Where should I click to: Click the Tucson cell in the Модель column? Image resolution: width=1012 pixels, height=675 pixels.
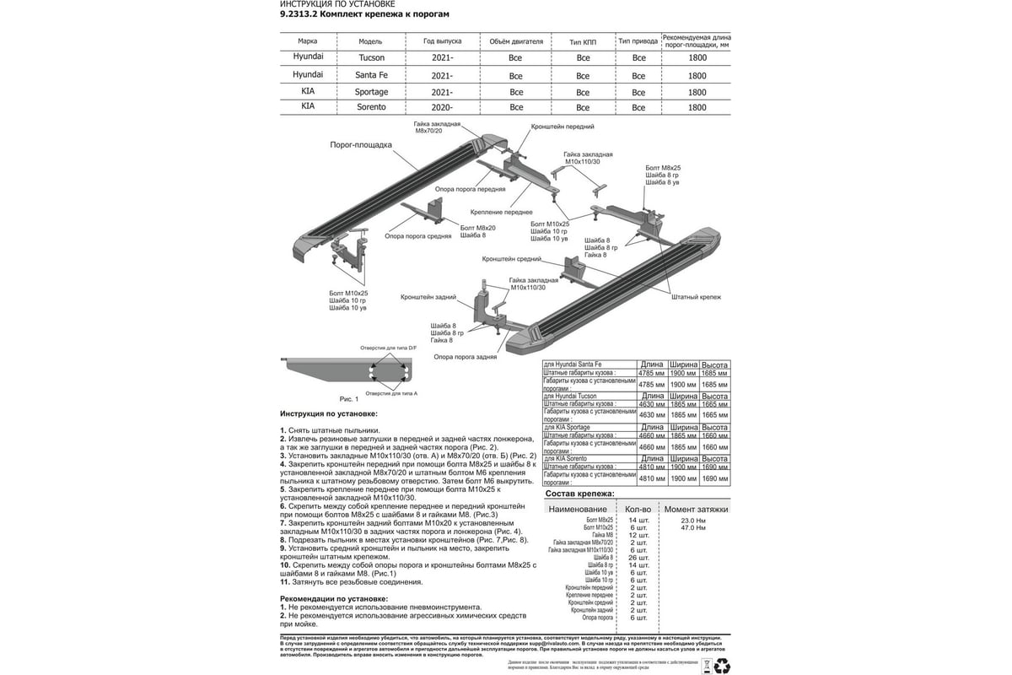click(x=371, y=58)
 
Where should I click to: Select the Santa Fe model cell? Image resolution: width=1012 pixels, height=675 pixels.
click(x=371, y=75)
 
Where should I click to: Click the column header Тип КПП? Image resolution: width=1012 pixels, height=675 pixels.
click(x=583, y=40)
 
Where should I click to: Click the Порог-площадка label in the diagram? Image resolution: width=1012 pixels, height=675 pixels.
click(x=360, y=145)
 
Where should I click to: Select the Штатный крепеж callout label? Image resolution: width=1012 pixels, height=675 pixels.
click(x=697, y=297)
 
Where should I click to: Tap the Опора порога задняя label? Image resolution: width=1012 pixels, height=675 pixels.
click(x=465, y=357)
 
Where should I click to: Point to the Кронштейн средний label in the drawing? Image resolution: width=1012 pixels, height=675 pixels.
click(x=512, y=260)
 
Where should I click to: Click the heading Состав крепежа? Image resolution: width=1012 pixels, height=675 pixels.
click(x=580, y=493)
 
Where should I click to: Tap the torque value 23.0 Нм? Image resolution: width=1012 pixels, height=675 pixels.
click(x=692, y=520)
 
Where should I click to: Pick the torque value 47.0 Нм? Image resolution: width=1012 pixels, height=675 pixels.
click(x=692, y=527)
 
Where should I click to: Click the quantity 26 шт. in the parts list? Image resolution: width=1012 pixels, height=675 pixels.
click(x=638, y=558)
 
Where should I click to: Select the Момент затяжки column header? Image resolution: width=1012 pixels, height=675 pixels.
click(x=696, y=510)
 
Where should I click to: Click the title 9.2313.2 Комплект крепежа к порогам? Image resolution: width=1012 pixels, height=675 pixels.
click(x=364, y=14)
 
